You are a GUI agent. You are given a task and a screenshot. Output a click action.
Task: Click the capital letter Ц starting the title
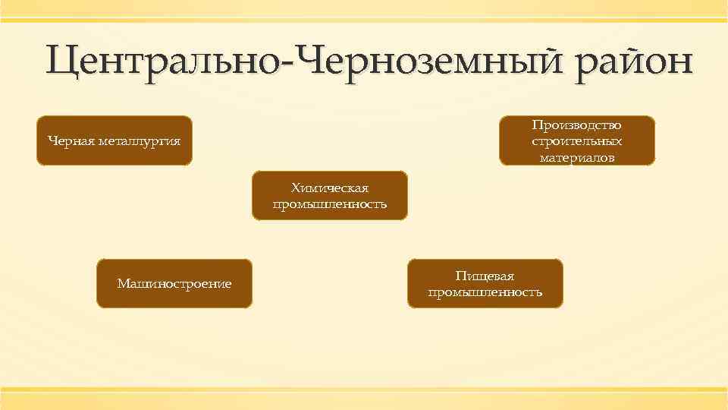tap(62, 61)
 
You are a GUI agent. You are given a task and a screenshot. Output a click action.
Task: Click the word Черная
tap(71, 140)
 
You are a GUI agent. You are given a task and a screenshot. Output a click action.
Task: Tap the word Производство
tap(576, 125)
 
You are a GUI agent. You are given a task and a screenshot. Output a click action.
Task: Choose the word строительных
tap(576, 141)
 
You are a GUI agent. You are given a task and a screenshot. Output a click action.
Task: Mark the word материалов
tap(576, 157)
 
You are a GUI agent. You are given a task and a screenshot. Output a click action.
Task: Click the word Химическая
tap(330, 188)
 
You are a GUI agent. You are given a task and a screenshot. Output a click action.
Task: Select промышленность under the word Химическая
tap(330, 204)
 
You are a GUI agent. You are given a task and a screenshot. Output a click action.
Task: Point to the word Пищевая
tap(485, 276)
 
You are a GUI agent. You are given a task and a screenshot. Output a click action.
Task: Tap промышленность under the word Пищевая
tap(485, 292)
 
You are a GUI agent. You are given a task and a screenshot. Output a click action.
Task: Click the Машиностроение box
tap(174, 283)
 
